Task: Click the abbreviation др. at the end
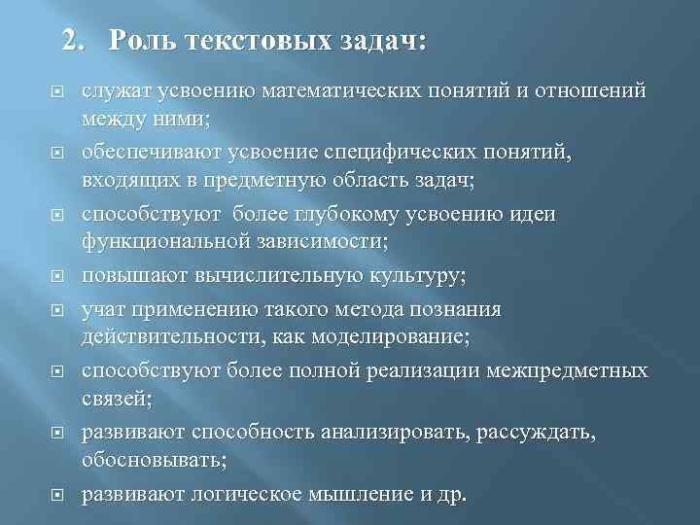(453, 494)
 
